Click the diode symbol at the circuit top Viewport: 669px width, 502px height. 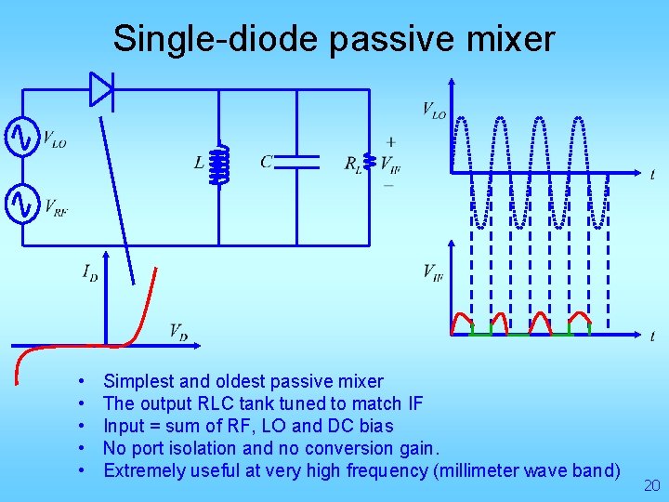point(101,89)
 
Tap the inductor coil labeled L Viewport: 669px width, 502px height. point(219,165)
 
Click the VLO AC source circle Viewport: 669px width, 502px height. point(20,139)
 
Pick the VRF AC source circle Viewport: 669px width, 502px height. point(20,204)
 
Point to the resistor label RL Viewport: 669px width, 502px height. point(353,165)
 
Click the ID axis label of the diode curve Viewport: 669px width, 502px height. point(90,272)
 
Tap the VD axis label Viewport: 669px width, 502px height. point(178,330)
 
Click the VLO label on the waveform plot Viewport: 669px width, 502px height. point(434,110)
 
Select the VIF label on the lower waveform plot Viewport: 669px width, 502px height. point(433,271)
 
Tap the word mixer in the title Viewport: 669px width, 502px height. point(512,39)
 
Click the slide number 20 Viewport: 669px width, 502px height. point(651,485)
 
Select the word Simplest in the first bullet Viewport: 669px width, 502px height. point(138,381)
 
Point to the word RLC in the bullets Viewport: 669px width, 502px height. point(216,403)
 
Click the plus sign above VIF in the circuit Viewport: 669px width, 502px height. point(390,142)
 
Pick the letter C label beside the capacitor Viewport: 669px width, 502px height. point(267,163)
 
